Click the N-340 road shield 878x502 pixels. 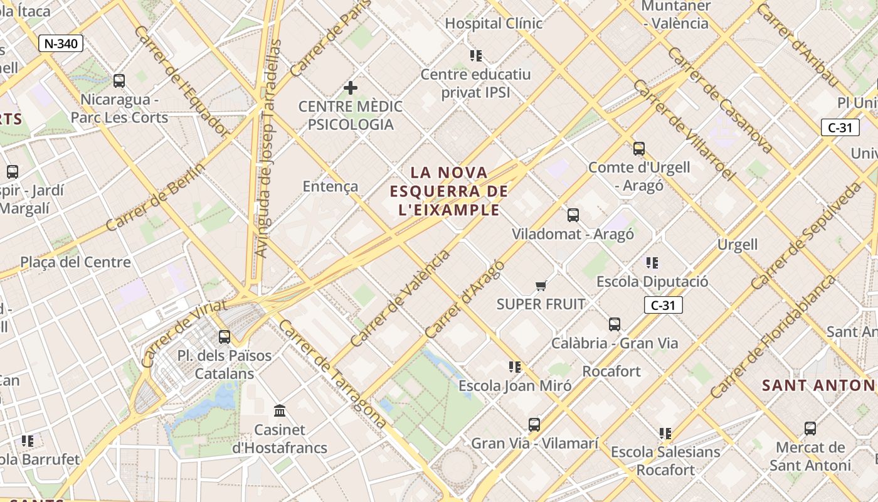click(x=60, y=43)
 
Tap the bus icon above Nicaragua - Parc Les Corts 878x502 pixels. click(x=119, y=81)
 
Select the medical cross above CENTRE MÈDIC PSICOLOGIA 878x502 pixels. click(x=351, y=88)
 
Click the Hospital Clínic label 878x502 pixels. click(x=494, y=24)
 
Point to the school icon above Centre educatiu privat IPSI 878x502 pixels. click(x=476, y=56)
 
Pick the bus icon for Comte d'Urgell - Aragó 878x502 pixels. click(x=639, y=149)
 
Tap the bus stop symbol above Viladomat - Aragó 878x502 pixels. click(x=573, y=215)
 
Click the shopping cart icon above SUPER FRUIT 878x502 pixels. click(x=541, y=286)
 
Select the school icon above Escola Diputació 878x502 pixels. click(x=652, y=263)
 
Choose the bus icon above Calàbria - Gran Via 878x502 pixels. click(x=615, y=324)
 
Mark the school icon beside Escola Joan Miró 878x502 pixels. click(x=515, y=367)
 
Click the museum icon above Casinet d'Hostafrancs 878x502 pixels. click(x=280, y=411)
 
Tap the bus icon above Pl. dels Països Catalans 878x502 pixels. click(x=225, y=337)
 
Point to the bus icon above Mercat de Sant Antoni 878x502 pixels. click(x=810, y=429)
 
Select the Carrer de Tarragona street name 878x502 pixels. click(x=332, y=374)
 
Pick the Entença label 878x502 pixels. click(x=331, y=186)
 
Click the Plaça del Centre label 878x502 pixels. click(x=75, y=262)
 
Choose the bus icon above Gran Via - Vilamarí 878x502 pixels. click(x=534, y=425)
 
